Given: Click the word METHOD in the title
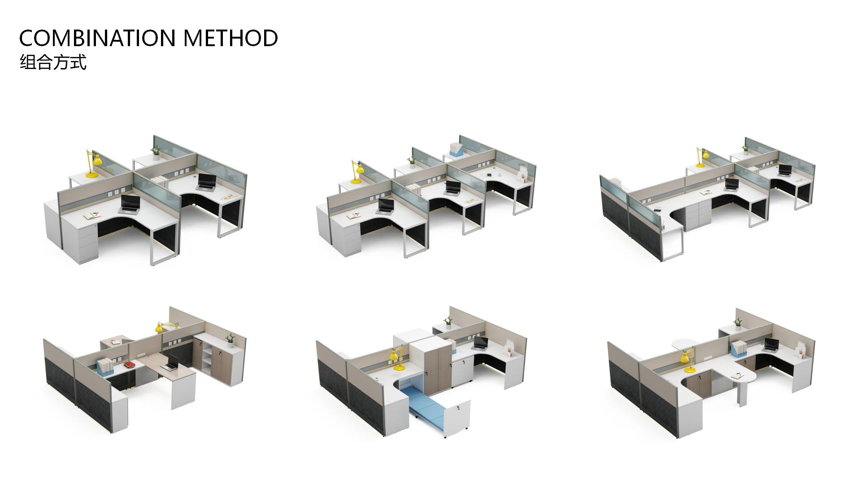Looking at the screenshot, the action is tap(231, 38).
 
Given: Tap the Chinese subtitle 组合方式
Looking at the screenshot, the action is tap(53, 62).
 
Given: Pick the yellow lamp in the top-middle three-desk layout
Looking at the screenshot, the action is tap(357, 172).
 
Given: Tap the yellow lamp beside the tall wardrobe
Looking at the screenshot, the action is tap(397, 360).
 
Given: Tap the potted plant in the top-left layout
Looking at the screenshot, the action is tap(156, 153).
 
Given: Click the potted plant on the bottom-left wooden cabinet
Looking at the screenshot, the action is tap(230, 340).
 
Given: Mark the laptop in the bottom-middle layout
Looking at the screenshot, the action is tap(480, 344).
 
